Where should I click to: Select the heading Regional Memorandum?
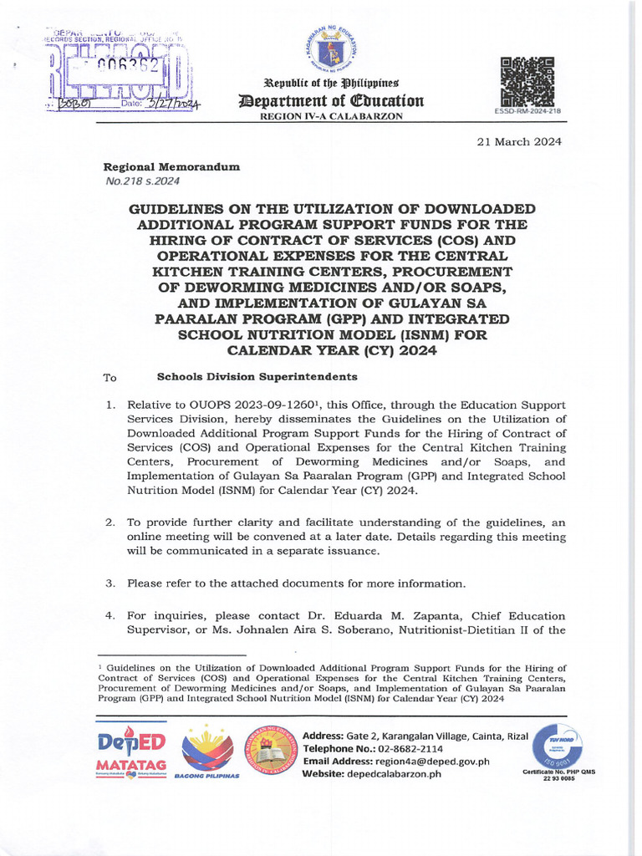(x=171, y=167)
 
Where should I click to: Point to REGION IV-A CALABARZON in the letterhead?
(x=332, y=116)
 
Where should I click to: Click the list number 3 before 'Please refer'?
(x=109, y=583)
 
